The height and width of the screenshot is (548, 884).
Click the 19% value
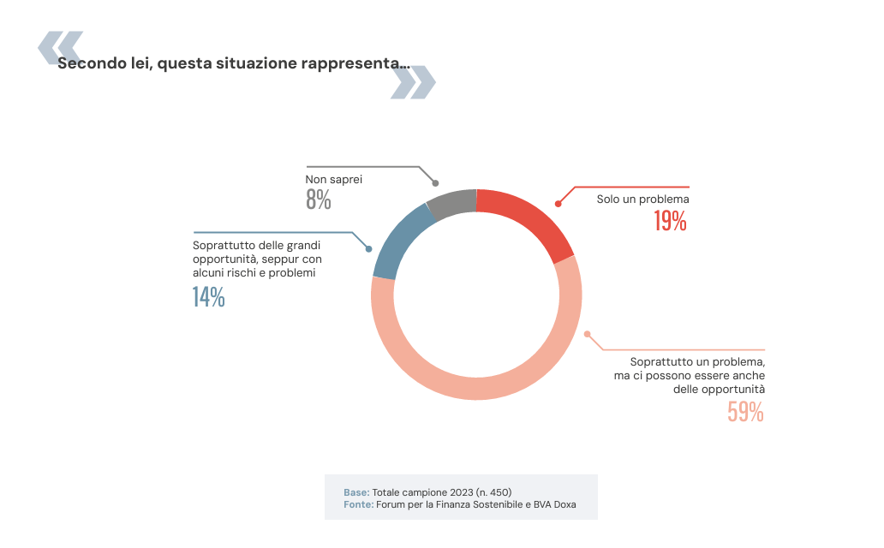670,222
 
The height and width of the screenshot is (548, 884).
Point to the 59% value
745,413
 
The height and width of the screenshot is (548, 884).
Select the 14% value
208,297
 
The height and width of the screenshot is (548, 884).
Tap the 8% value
318,200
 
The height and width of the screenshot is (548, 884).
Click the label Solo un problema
642,200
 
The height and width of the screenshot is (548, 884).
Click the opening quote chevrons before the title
60,47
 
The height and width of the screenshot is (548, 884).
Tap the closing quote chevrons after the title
414,82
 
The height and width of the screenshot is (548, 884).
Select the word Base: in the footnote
356,492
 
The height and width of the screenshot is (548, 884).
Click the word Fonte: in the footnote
358,504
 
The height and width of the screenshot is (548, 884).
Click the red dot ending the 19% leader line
558,204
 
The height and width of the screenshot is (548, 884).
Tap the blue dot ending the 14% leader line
368,248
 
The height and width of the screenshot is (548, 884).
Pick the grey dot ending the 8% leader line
435,183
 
